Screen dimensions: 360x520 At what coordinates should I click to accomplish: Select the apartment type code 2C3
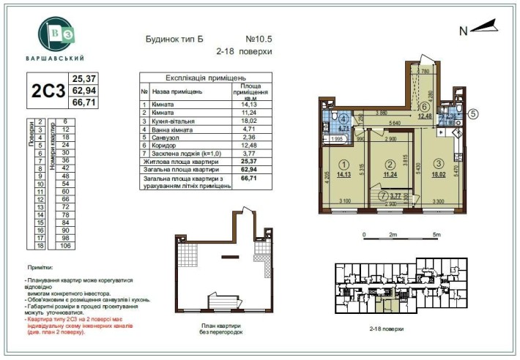(x=47, y=91)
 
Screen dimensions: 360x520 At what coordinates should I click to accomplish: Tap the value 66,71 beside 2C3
(x=84, y=102)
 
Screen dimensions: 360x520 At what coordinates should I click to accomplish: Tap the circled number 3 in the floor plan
(x=438, y=164)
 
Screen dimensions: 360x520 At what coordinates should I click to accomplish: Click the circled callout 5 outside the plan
(x=473, y=114)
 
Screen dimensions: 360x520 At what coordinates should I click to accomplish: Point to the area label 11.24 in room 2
(x=390, y=175)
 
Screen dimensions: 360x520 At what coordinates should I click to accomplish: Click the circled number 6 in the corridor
(x=424, y=106)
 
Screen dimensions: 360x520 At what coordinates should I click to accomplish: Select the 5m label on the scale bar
(x=437, y=235)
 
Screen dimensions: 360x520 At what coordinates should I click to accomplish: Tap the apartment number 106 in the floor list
(x=64, y=246)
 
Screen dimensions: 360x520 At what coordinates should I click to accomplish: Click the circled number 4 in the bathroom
(x=343, y=118)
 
